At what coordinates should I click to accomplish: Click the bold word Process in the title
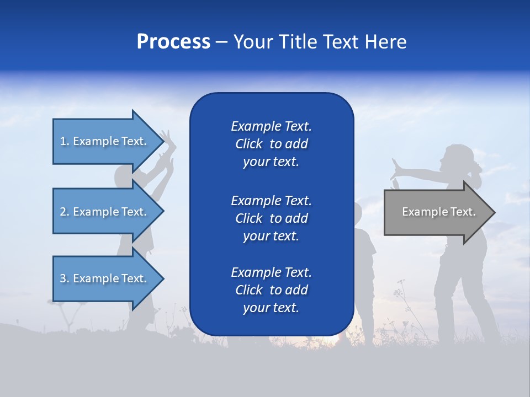coord(173,42)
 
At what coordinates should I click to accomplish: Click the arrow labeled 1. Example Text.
coord(105,141)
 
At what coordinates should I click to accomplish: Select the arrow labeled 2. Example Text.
coord(105,212)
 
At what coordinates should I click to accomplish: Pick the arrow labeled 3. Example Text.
coord(105,278)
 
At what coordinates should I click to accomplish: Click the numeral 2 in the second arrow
coord(63,212)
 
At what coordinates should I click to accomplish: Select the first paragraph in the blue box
coord(271,144)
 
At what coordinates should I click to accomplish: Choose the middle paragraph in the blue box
coord(271,218)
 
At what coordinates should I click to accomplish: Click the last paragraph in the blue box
coord(271,290)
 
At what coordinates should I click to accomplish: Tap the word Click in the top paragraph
coord(249,144)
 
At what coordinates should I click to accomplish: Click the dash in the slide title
coord(221,42)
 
